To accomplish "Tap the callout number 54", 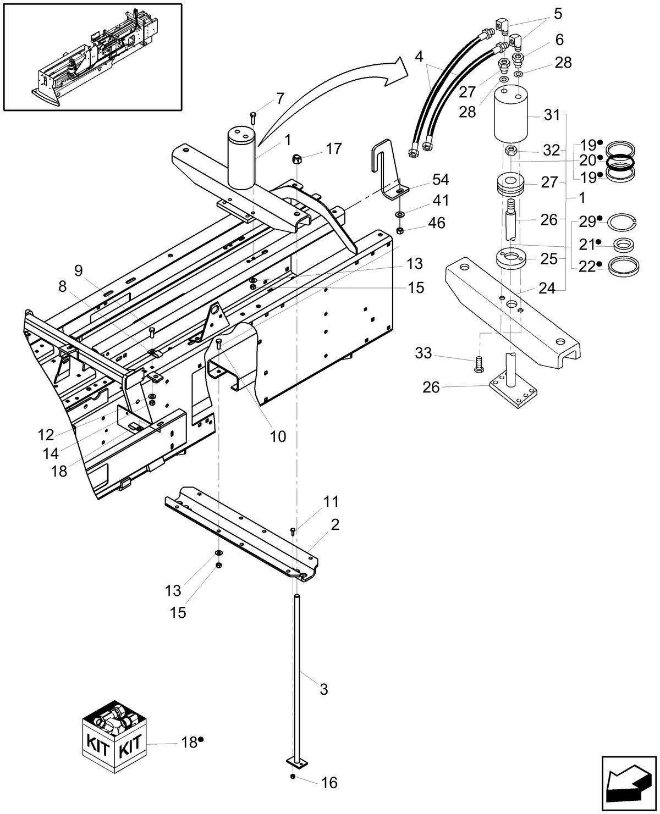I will click(440, 180).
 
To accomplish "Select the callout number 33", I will click(423, 353).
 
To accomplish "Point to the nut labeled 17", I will click(296, 158).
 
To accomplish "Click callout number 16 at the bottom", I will click(328, 783).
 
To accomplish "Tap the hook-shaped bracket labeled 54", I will click(388, 170).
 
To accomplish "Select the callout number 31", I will click(552, 115).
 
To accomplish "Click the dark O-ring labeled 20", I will click(620, 161).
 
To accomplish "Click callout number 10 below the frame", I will click(278, 436).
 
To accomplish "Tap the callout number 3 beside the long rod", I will click(323, 689).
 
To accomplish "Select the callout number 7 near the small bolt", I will click(279, 99).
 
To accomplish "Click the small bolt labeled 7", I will click(253, 117).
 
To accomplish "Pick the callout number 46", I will click(438, 223).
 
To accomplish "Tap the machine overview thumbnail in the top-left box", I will click(92, 56).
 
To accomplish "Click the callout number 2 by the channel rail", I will click(335, 524).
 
